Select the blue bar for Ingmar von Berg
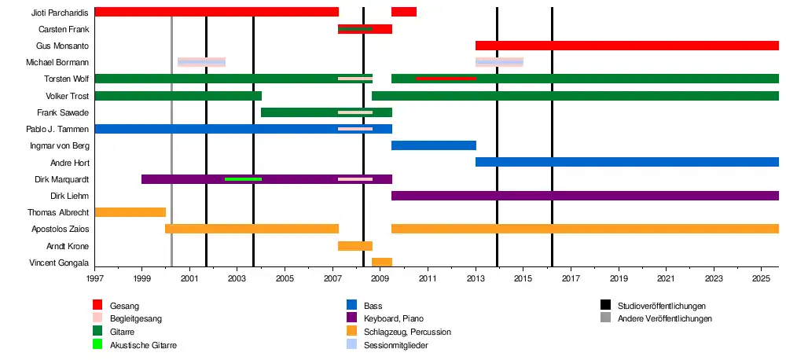(x=433, y=145)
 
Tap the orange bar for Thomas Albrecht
(x=130, y=212)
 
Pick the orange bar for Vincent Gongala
(x=382, y=262)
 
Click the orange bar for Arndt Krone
(x=355, y=246)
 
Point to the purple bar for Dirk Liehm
(x=585, y=196)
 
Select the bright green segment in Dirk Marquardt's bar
(x=243, y=179)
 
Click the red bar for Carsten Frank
(x=383, y=29)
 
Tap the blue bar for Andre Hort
(x=626, y=162)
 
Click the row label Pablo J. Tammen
(x=57, y=129)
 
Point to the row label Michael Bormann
(x=57, y=63)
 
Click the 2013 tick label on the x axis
(x=476, y=279)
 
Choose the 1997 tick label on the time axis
(x=94, y=279)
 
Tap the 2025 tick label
(x=761, y=279)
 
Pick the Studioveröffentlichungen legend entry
(x=661, y=306)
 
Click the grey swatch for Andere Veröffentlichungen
(x=606, y=318)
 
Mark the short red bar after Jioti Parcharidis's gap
(x=404, y=12)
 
